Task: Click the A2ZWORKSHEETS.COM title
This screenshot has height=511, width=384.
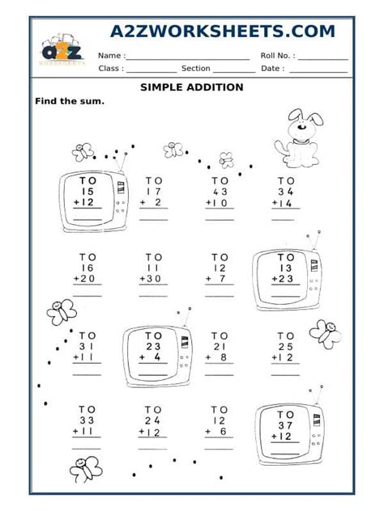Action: (222, 31)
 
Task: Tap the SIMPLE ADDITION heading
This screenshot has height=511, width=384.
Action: (191, 87)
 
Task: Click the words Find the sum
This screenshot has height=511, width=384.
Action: (69, 102)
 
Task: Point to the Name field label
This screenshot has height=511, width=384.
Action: (111, 56)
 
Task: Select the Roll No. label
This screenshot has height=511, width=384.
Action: (278, 56)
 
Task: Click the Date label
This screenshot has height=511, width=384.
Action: (272, 69)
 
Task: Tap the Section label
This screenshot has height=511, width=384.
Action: (196, 69)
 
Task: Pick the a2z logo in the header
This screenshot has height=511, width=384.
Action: (62, 50)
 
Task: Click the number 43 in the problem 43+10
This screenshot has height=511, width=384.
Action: (220, 192)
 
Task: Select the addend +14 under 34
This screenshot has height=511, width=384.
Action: (284, 205)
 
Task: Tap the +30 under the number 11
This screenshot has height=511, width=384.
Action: (152, 279)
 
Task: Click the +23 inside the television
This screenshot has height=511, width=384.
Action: (284, 279)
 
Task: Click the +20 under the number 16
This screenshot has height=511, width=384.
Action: (86, 279)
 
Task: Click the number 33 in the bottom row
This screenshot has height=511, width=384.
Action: (87, 420)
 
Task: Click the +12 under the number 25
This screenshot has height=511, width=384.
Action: (284, 357)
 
